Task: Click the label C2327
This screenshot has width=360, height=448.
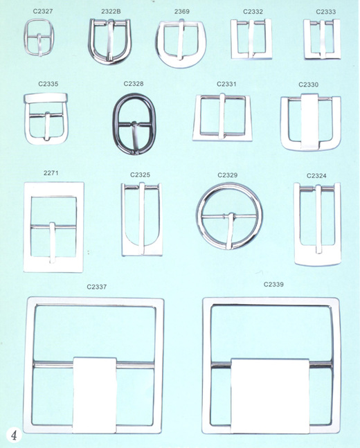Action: coord(43,12)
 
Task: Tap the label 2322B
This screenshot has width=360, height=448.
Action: coord(111,12)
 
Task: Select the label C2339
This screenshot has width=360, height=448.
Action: coord(273,285)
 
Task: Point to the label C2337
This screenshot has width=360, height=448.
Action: coord(96,287)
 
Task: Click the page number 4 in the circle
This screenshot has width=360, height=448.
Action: coord(14,436)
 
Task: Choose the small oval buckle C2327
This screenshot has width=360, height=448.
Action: coord(25,37)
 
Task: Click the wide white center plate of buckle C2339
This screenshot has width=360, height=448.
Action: coord(270,396)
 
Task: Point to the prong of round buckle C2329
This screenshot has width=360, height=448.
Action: coord(230,231)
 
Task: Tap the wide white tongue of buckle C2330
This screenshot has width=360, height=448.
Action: coord(309,122)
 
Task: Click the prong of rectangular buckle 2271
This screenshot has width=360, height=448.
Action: coord(53,242)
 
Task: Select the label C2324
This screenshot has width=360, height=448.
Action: coord(316,175)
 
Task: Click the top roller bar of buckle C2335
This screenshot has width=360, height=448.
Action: coord(46,98)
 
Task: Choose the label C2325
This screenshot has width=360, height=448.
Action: coord(140,174)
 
